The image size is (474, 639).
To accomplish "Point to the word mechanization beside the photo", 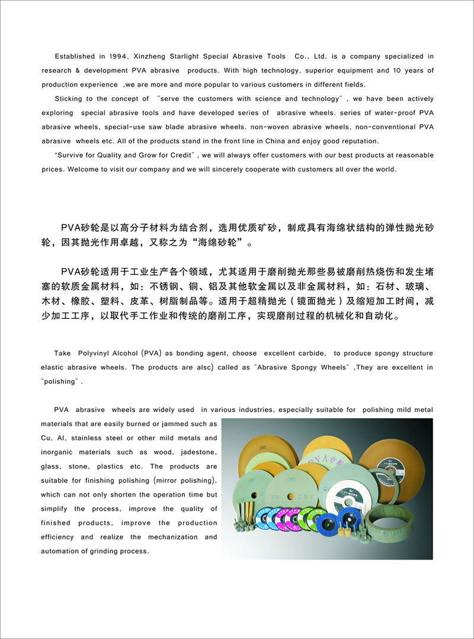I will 178,537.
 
